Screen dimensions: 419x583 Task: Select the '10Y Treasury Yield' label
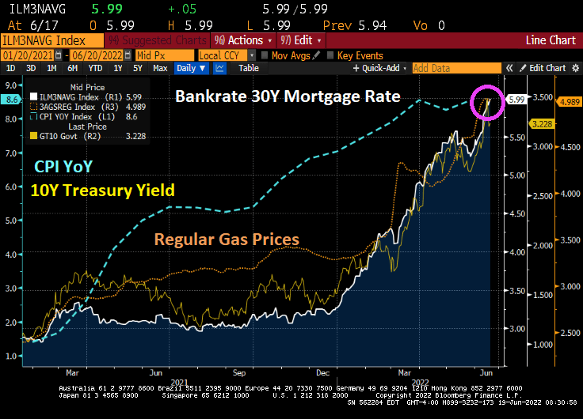click(x=101, y=190)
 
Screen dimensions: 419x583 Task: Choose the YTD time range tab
click(x=94, y=68)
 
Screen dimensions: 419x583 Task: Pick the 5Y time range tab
click(x=137, y=68)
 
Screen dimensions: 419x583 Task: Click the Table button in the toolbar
click(x=249, y=68)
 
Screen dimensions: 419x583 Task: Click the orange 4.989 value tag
click(x=570, y=101)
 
